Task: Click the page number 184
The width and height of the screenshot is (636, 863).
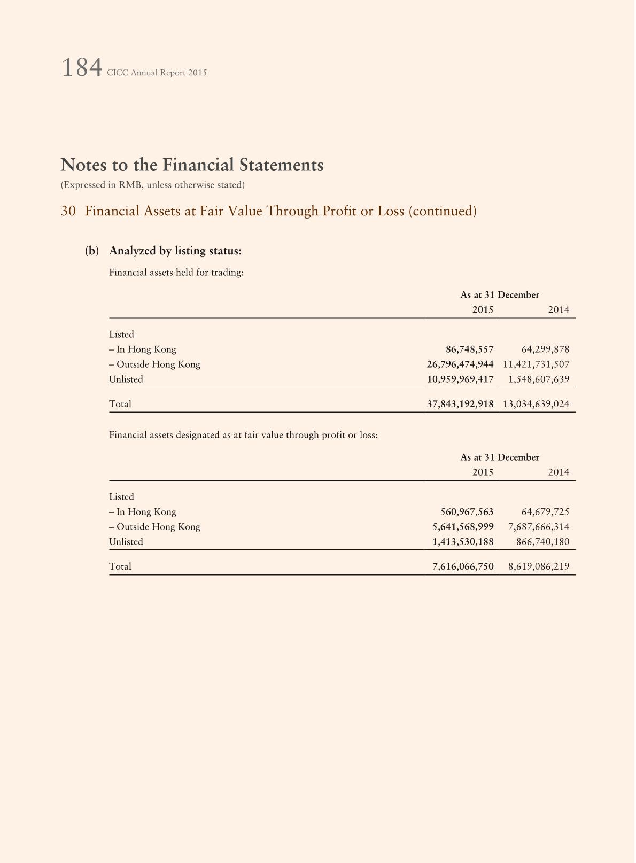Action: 82,68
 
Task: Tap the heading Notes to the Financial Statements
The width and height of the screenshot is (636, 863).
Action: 192,165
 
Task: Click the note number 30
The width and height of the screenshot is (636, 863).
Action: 68,211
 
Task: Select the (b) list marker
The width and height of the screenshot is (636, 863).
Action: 92,251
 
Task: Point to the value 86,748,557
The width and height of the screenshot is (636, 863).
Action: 469,349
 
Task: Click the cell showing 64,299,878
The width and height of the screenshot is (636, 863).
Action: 545,349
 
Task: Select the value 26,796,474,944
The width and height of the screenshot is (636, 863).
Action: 460,364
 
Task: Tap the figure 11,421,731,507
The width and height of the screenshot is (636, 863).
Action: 536,364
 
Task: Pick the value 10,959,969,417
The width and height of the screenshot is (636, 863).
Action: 460,379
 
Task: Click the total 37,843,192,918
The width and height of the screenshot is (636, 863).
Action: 460,404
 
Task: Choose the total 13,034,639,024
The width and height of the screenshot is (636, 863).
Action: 536,404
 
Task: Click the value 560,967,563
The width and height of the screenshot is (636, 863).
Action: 467,512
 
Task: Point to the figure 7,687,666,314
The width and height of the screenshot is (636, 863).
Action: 539,527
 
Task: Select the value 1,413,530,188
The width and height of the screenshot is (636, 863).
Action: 463,542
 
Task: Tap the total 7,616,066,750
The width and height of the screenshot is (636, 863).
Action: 463,566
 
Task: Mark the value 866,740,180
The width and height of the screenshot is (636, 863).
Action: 542,542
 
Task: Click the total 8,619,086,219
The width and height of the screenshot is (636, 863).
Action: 539,566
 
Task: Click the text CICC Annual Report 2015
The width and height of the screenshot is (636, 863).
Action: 157,73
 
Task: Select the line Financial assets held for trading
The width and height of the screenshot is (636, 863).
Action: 176,273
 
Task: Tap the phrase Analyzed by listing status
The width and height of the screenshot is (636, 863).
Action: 175,251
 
